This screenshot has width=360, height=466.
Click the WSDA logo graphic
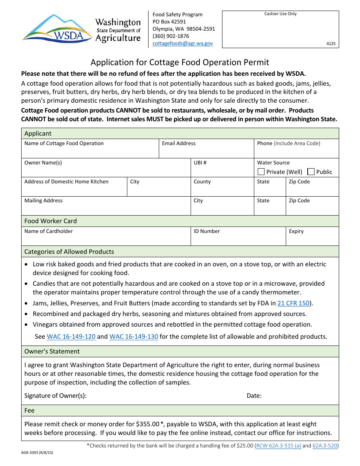tap(57, 28)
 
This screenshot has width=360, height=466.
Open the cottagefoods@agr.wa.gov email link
tap(183, 43)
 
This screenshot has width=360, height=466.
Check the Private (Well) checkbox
tap(261, 172)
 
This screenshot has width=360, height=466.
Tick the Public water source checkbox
tap(311, 172)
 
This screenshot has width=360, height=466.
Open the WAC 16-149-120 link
tap(71, 336)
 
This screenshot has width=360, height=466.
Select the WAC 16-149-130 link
tap(134, 336)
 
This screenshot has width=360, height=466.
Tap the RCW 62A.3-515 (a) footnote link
tap(279, 446)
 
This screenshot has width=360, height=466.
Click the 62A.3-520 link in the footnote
tap(325, 446)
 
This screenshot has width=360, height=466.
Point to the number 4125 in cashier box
tap(331, 44)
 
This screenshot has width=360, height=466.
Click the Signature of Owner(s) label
tap(55, 396)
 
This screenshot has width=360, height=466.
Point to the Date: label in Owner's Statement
tap(254, 396)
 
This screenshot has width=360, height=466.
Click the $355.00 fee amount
tap(149, 424)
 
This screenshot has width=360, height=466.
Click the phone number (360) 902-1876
tap(171, 36)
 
